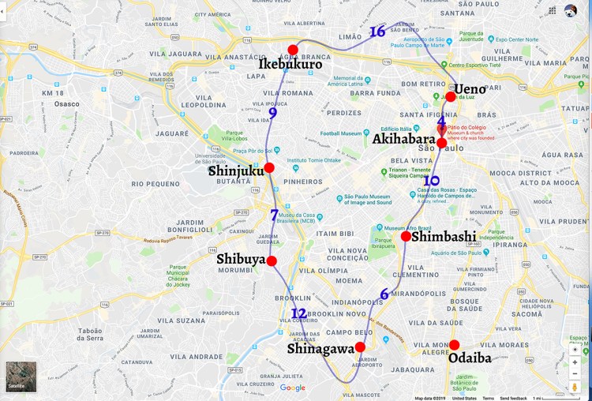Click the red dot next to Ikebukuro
(x=293, y=51)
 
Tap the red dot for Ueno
(x=451, y=97)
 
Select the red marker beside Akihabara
(x=442, y=143)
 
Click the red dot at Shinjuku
(x=269, y=168)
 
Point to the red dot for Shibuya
(x=272, y=261)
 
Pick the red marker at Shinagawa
(x=360, y=347)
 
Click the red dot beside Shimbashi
(x=406, y=236)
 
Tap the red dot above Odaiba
(x=455, y=345)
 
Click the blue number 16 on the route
(x=377, y=32)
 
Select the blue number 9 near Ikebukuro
(x=273, y=113)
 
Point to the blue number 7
(x=274, y=215)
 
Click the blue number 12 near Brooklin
(x=298, y=313)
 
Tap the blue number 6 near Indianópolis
(x=384, y=294)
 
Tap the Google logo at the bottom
(x=292, y=388)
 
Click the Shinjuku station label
(x=235, y=171)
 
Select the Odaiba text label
(x=470, y=358)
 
